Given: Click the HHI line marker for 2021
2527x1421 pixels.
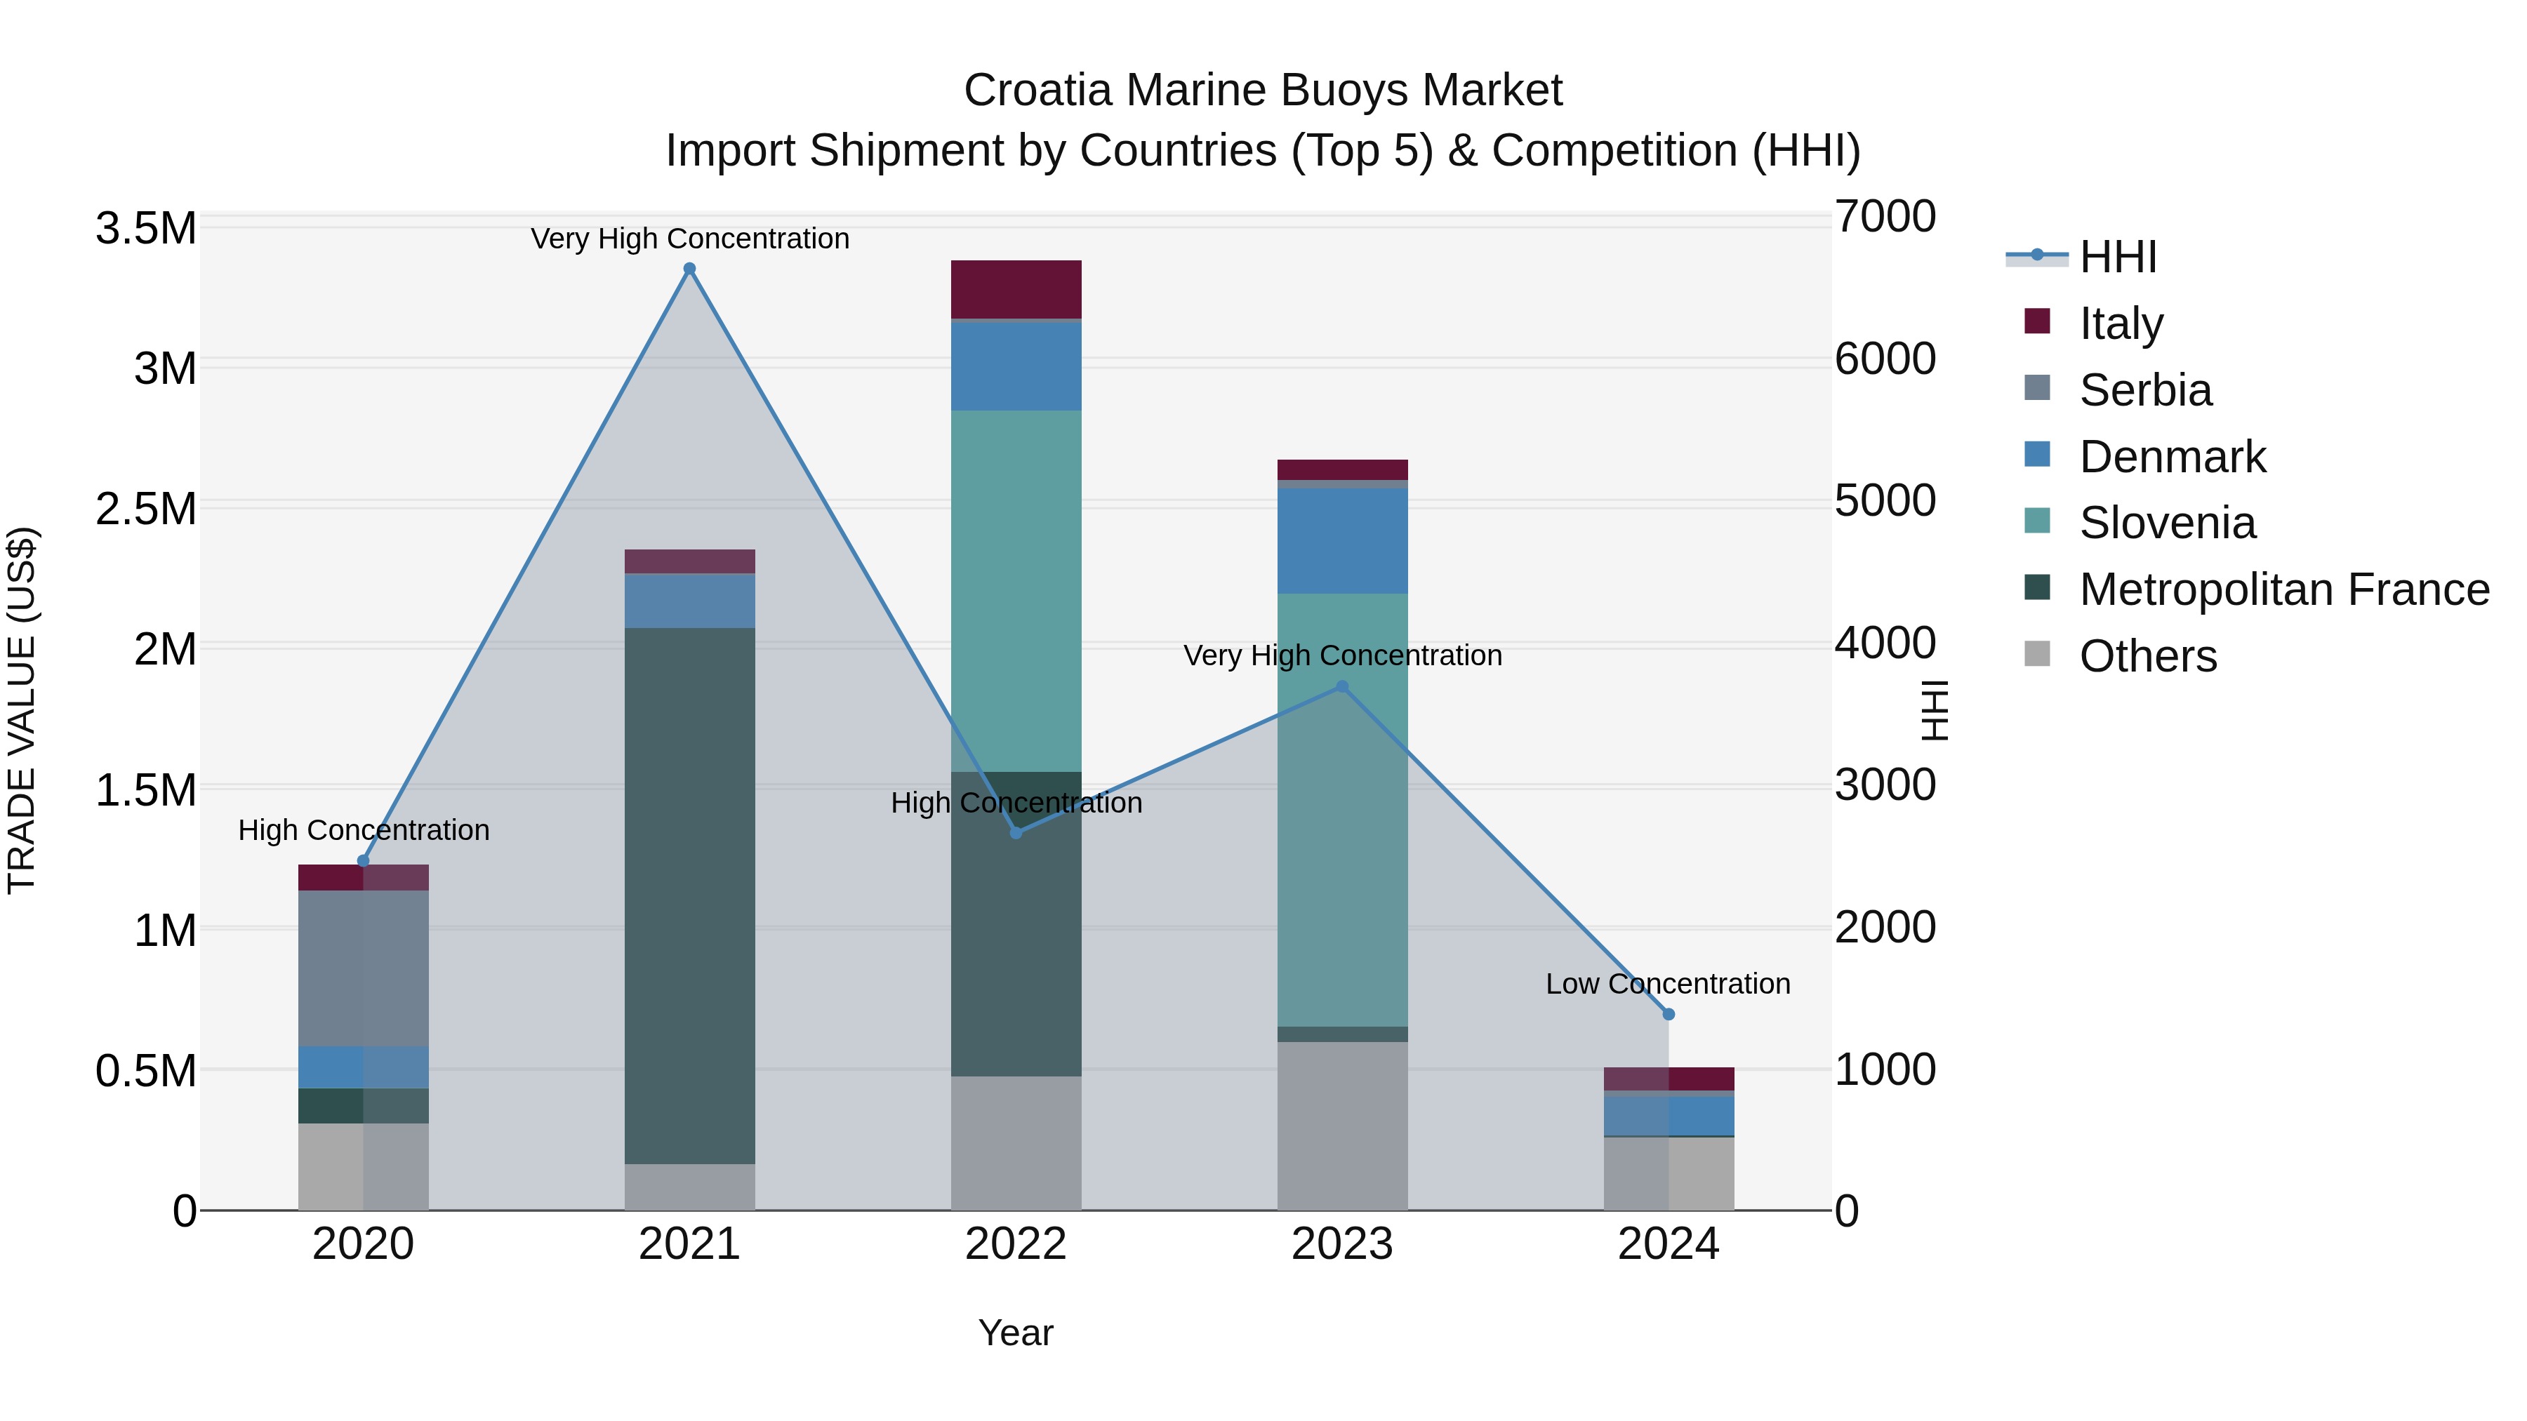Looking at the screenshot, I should [689, 269].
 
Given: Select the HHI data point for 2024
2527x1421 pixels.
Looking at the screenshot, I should [1669, 1014].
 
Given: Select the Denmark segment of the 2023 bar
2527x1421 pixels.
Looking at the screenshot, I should [1342, 540].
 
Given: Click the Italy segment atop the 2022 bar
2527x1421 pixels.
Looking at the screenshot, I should [1016, 289].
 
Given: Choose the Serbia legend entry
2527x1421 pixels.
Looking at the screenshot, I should [2144, 390].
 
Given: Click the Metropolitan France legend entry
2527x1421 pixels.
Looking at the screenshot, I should [2283, 589].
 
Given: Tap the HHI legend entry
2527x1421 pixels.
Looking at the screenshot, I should [2117, 257].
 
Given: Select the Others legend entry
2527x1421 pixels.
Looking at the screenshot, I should [2147, 656].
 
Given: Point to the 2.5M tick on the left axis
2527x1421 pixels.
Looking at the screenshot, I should [146, 509].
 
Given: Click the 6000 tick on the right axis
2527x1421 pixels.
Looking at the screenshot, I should [1885, 359].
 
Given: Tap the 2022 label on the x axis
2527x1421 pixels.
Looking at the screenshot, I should [1016, 1244].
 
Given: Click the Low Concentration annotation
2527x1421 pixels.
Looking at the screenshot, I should [1668, 984].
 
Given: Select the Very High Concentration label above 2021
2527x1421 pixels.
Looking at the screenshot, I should [689, 239].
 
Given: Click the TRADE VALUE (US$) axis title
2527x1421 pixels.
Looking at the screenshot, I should [22, 710].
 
